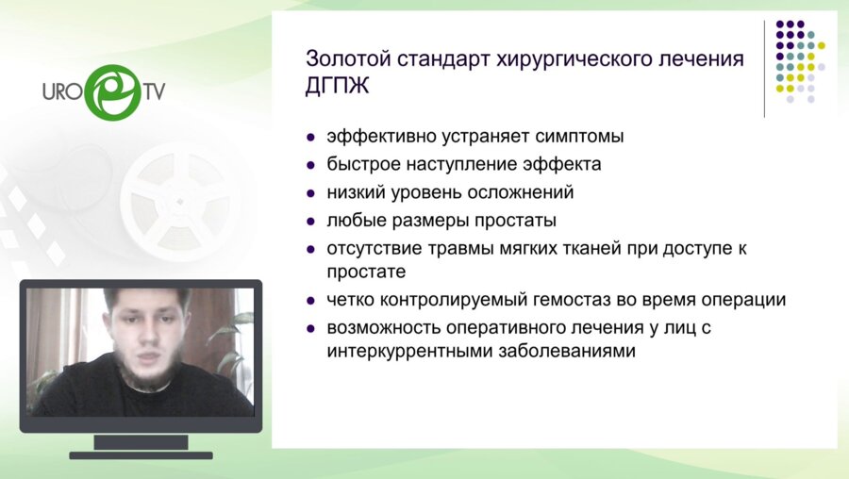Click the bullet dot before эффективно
[x=311, y=137]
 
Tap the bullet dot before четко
[x=311, y=301]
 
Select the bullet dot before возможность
[x=311, y=330]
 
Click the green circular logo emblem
[x=111, y=91]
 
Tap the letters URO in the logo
[x=61, y=91]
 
